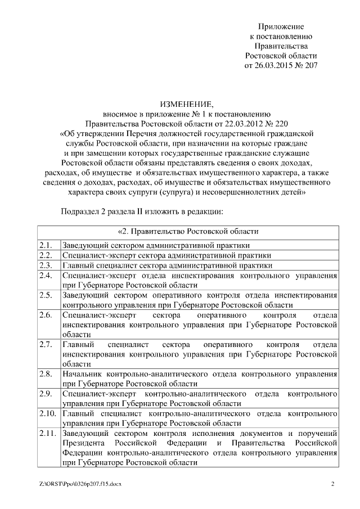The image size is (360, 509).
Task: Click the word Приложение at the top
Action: click(x=281, y=26)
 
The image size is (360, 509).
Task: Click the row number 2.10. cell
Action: click(x=48, y=413)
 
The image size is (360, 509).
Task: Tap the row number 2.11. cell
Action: click(x=48, y=433)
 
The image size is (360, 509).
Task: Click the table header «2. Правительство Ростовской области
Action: click(x=188, y=231)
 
